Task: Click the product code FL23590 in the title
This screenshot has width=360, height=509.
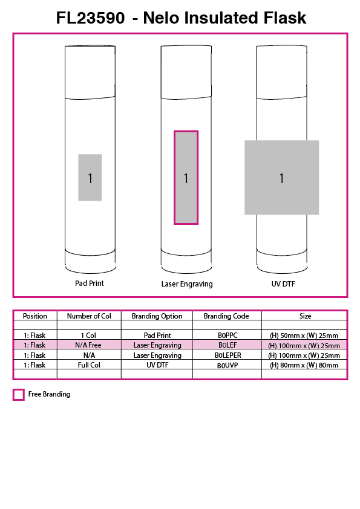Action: pos(90,18)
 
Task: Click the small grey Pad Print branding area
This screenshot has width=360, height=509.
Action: pos(90,177)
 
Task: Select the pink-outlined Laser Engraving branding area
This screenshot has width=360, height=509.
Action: pos(186,178)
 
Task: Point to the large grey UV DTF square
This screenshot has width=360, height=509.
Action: pos(282,177)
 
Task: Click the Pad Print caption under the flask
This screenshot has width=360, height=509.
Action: pos(90,284)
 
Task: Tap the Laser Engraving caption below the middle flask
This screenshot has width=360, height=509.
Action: pos(187,284)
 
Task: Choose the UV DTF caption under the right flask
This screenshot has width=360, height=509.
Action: pos(283,284)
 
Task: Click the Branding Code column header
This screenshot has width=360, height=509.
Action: pos(226,316)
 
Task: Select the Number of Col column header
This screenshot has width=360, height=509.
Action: pos(89,316)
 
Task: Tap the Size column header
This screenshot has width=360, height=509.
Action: pos(305,316)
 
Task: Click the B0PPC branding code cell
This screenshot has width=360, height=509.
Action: pos(227,336)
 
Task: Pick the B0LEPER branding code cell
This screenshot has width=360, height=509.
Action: pos(227,355)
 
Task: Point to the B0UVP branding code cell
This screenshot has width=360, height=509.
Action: pos(227,365)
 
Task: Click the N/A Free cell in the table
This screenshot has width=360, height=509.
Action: pos(88,345)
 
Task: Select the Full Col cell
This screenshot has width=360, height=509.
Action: pos(89,365)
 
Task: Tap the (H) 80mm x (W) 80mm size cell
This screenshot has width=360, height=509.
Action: pos(304,365)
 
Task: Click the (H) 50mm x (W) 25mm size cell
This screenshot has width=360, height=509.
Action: pos(304,336)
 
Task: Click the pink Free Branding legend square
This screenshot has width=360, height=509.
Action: pos(19,394)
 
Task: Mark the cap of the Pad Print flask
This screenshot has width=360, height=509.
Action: pos(90,72)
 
